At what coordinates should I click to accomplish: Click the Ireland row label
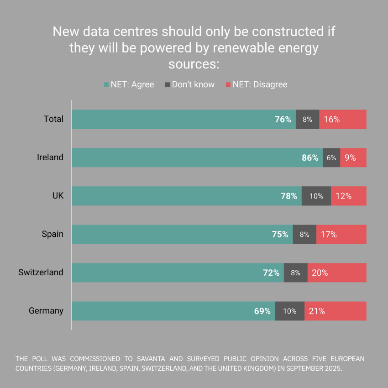tap(50, 157)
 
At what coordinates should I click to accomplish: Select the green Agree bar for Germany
tap(173, 311)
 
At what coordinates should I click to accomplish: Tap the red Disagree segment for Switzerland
tap(337, 273)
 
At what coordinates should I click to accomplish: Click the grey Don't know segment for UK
tap(316, 196)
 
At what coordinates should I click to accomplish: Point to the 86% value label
tap(310, 157)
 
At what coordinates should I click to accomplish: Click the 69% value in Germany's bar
tap(262, 311)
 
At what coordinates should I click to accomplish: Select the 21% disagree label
tap(317, 311)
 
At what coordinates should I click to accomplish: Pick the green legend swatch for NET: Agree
tap(107, 84)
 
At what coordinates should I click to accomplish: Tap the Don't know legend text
tap(193, 84)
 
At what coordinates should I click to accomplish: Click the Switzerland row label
tap(41, 273)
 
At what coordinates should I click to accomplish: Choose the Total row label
tap(53, 119)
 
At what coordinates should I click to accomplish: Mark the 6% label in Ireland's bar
tap(331, 157)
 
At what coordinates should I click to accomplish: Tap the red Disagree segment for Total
tap(343, 119)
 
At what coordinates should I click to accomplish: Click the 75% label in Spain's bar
tap(280, 234)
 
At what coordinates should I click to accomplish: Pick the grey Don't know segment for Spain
tap(304, 234)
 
